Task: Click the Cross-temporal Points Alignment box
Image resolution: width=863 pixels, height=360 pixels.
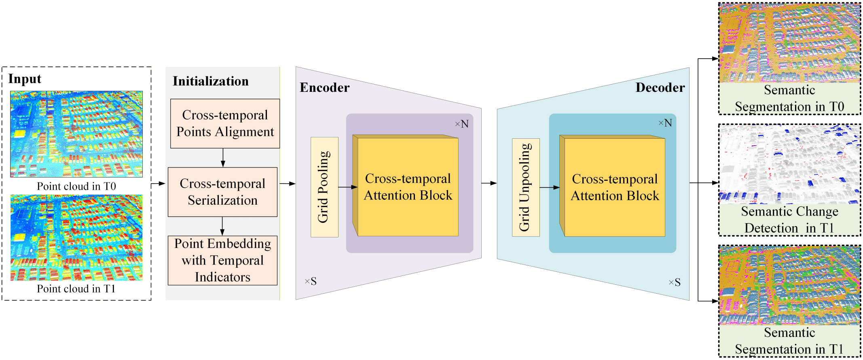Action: coord(225,123)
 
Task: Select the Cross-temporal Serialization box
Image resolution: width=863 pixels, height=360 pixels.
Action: coord(222,192)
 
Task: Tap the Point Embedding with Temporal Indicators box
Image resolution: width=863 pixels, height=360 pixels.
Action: coord(222,260)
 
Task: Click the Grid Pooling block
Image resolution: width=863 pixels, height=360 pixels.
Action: coord(324,187)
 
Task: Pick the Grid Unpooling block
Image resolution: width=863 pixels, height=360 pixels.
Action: coord(525,187)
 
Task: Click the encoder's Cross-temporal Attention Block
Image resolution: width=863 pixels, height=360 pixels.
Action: coord(408,187)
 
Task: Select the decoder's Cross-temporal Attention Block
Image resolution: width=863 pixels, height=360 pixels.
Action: coord(614,187)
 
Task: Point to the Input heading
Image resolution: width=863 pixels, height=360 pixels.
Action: coord(25,79)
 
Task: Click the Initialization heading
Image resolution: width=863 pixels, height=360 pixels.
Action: coord(211,81)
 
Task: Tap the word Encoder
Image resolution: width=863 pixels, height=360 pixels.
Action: coord(324,88)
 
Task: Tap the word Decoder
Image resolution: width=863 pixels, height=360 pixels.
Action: coord(660,88)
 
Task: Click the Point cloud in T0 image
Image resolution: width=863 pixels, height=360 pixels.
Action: coord(76,134)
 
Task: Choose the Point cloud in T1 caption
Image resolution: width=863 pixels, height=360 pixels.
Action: coord(76,289)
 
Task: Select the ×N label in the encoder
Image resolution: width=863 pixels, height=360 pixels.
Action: coord(462,124)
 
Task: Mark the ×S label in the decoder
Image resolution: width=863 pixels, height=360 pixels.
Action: coord(675,282)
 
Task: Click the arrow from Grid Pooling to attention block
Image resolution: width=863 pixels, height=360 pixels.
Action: coord(347,187)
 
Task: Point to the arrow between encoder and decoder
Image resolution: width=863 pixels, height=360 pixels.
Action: coord(489,183)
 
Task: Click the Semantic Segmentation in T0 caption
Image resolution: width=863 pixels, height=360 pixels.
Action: coord(789,98)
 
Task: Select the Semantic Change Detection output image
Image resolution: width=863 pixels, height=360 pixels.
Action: coord(789,164)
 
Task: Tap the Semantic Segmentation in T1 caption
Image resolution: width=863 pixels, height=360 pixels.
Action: coord(789,341)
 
